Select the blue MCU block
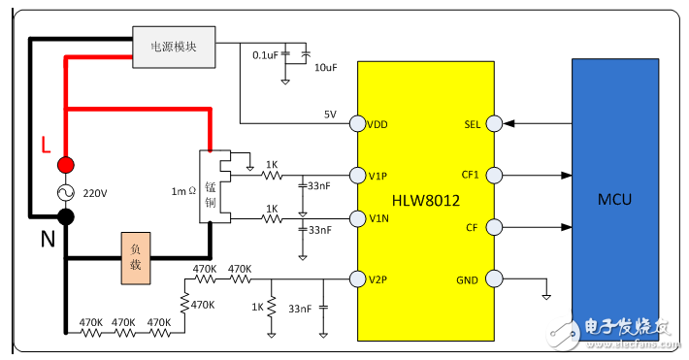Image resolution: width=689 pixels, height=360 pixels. coord(615,199)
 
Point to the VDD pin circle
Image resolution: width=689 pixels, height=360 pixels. coord(357,123)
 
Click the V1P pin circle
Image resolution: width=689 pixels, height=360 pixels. coord(357,176)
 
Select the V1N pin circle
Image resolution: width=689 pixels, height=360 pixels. coord(357,217)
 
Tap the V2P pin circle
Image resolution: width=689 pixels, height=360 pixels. coord(357,279)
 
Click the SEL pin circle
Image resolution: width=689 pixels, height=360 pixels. coord(494,123)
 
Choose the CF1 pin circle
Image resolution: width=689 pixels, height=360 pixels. coord(494,176)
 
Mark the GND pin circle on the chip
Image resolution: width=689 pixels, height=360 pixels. coord(494,279)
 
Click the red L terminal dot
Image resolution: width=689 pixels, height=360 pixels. coord(65,164)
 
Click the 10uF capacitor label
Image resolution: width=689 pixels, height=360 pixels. coord(325,69)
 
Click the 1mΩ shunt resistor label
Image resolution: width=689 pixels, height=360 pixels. coord(183,190)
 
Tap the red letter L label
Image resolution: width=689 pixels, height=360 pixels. coord(45,146)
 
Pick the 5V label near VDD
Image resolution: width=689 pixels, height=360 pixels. coord(330,114)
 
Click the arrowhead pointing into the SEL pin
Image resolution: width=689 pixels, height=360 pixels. coord(510,123)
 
